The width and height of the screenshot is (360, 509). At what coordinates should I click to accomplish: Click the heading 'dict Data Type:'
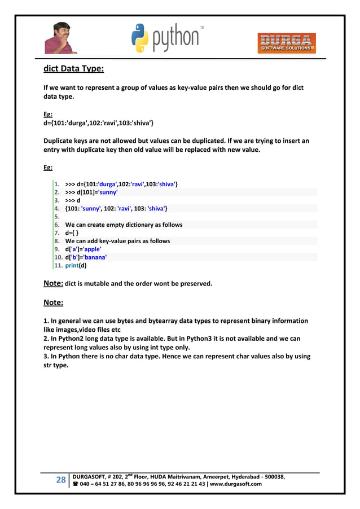pyautogui.click(x=73, y=69)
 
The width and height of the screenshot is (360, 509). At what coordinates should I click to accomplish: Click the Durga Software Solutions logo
pyautogui.click(x=287, y=43)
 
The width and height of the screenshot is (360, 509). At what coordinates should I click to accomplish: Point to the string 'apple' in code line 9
pyautogui.click(x=90, y=249)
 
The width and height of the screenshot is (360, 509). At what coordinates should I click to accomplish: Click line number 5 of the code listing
pyautogui.click(x=57, y=217)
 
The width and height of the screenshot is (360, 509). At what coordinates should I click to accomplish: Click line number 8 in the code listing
pyautogui.click(x=57, y=241)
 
